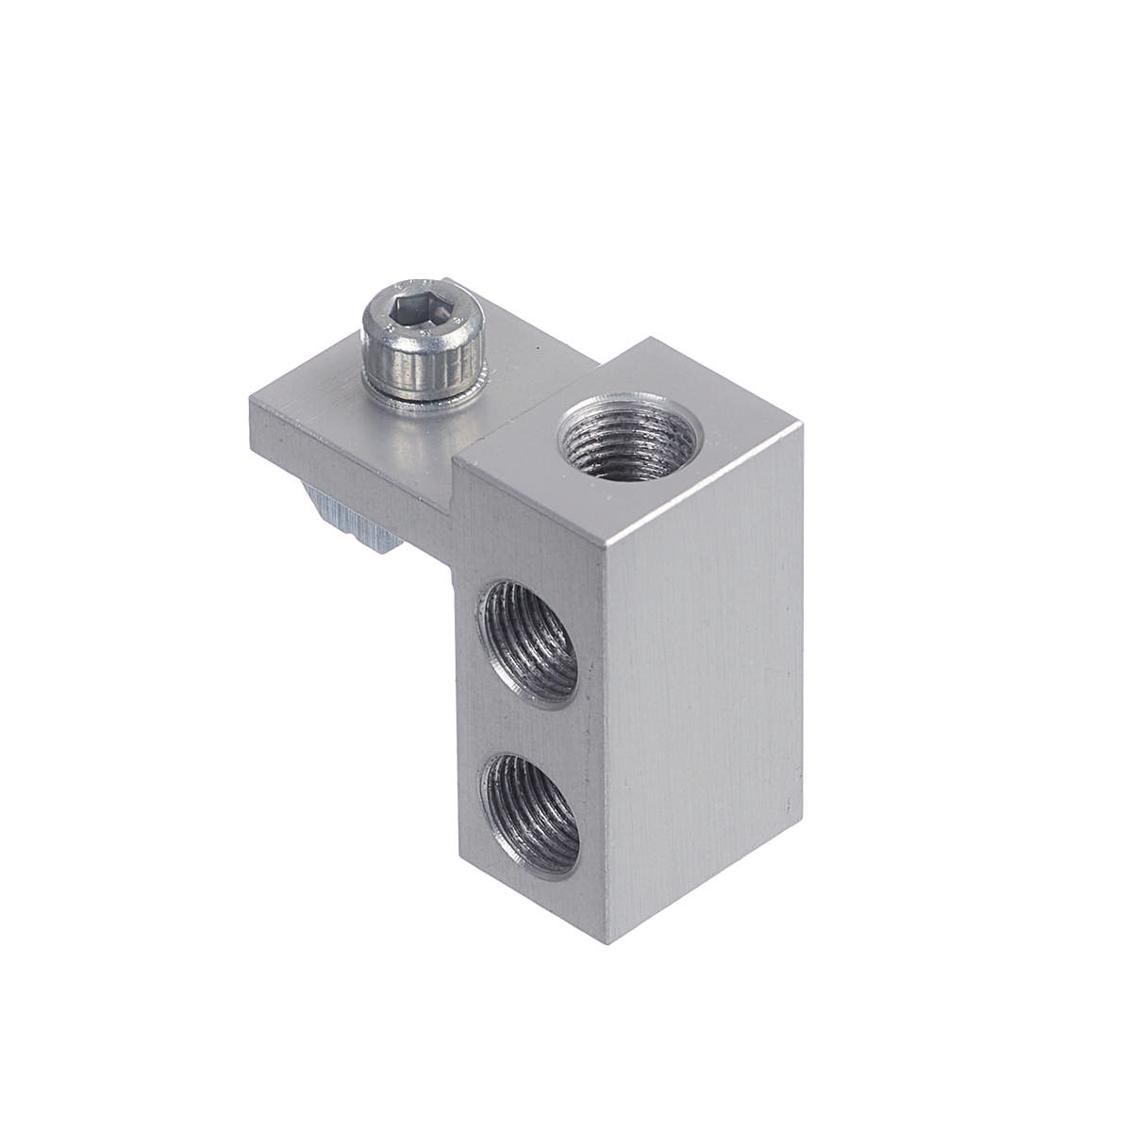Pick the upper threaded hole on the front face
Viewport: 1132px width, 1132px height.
(529, 641)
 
